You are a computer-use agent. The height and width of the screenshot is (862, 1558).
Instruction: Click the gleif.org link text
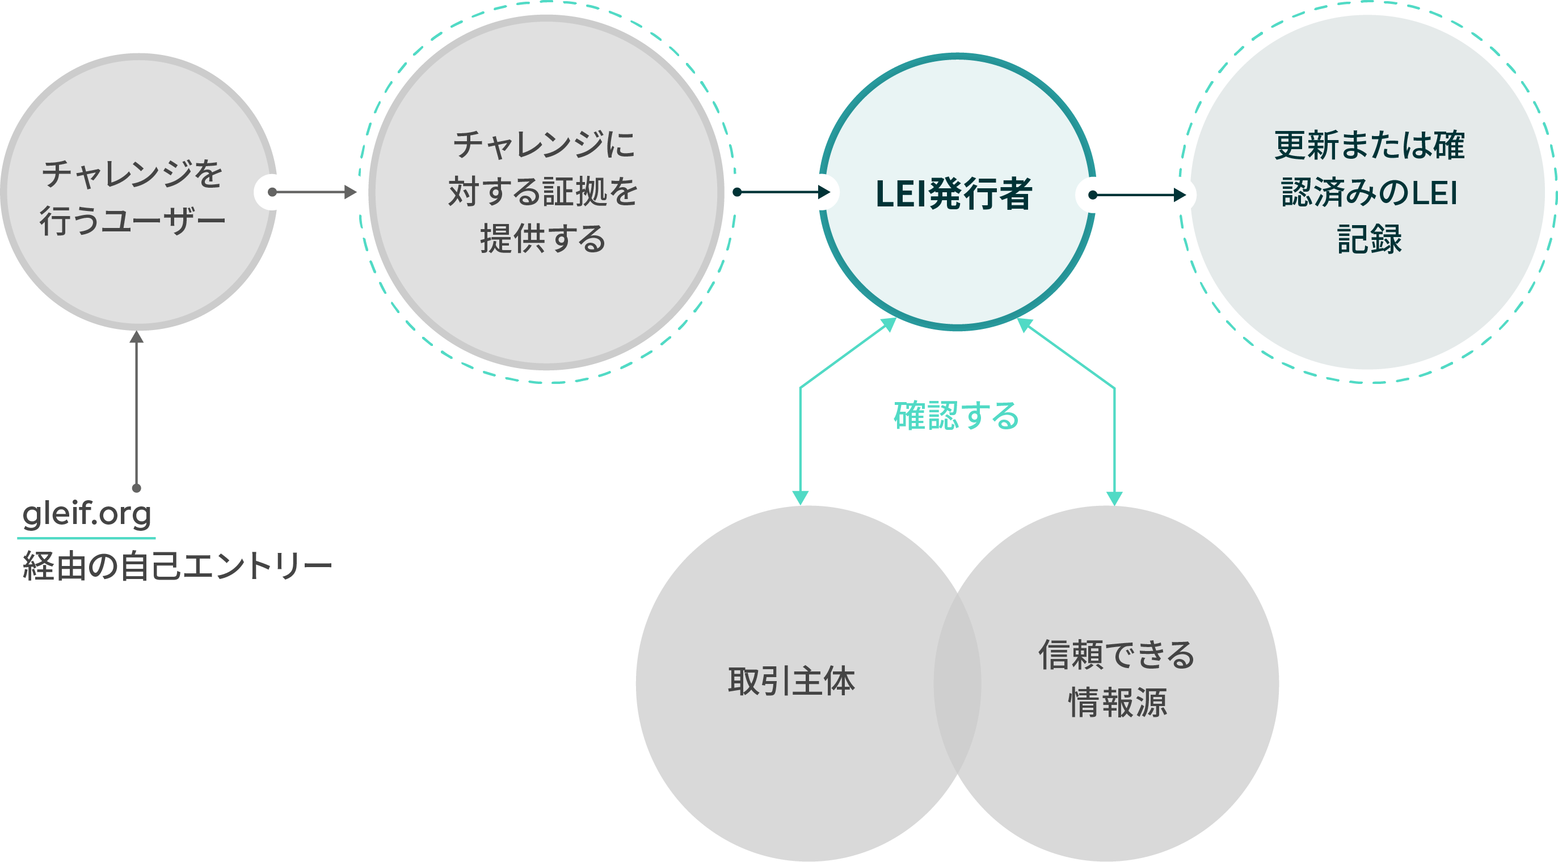(86, 514)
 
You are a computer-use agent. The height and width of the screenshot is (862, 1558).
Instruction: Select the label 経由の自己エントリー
(176, 567)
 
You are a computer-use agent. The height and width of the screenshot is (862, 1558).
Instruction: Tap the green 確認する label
(956, 416)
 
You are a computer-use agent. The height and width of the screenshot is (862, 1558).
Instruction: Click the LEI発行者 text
(954, 194)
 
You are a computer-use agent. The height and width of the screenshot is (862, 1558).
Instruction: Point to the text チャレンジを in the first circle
(132, 174)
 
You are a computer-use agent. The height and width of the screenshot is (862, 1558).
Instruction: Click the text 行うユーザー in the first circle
(132, 221)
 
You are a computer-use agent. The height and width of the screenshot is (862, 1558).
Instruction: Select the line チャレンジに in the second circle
(544, 145)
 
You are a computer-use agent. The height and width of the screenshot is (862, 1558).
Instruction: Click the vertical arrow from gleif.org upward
(137, 411)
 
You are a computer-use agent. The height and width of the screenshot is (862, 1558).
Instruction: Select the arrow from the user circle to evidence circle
(314, 192)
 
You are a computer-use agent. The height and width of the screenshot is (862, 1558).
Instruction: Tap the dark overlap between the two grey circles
(957, 683)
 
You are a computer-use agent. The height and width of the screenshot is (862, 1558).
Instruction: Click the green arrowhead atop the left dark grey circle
(800, 497)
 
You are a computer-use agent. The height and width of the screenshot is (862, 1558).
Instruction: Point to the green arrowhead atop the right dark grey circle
(1114, 497)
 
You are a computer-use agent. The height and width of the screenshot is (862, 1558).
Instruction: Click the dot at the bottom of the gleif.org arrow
(137, 488)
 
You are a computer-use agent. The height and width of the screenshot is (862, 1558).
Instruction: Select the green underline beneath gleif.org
(86, 537)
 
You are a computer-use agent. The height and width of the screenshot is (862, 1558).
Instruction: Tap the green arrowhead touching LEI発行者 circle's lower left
(889, 324)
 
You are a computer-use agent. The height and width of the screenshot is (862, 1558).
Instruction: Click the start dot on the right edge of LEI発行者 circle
(1093, 195)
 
